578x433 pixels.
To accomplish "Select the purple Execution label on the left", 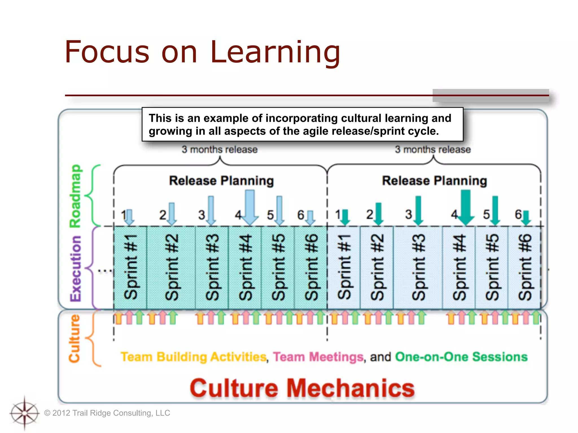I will (75, 268).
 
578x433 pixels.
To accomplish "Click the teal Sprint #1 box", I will (130, 267).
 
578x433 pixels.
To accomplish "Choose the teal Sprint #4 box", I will (245, 267).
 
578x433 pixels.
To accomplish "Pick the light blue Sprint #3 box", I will (418, 267).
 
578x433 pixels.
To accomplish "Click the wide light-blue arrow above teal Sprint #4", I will (250, 207).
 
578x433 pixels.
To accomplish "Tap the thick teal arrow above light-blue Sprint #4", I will (466, 207).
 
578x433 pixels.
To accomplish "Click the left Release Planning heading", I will (221, 181).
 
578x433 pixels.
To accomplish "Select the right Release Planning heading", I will (434, 181).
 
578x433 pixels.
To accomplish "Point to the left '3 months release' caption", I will (220, 149).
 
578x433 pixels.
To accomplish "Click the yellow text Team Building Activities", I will (194, 357).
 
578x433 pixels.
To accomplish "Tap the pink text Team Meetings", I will (318, 357).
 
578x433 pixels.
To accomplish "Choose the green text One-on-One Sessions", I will (461, 357).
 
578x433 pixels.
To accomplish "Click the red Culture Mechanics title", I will (302, 388).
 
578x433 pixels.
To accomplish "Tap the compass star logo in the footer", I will (25, 413).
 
